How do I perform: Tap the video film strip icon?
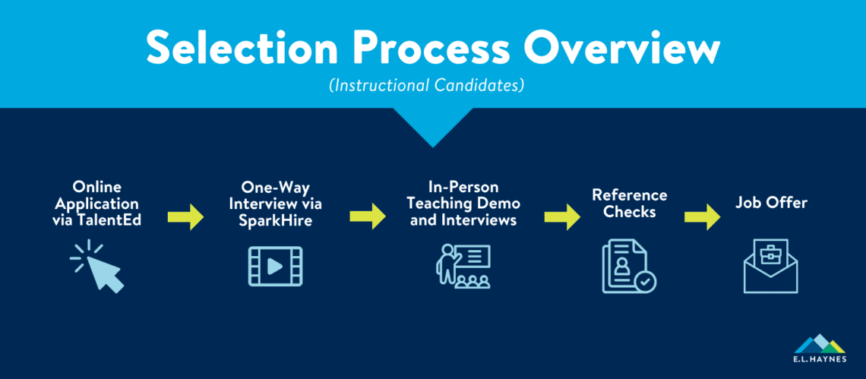pos(275,267)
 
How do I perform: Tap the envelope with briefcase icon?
pos(770,267)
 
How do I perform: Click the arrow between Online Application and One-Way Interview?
pos(187,217)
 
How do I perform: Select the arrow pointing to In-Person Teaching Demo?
pos(368,216)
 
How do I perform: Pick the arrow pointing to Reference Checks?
pos(561,216)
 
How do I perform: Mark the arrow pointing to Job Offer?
pos(703,216)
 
